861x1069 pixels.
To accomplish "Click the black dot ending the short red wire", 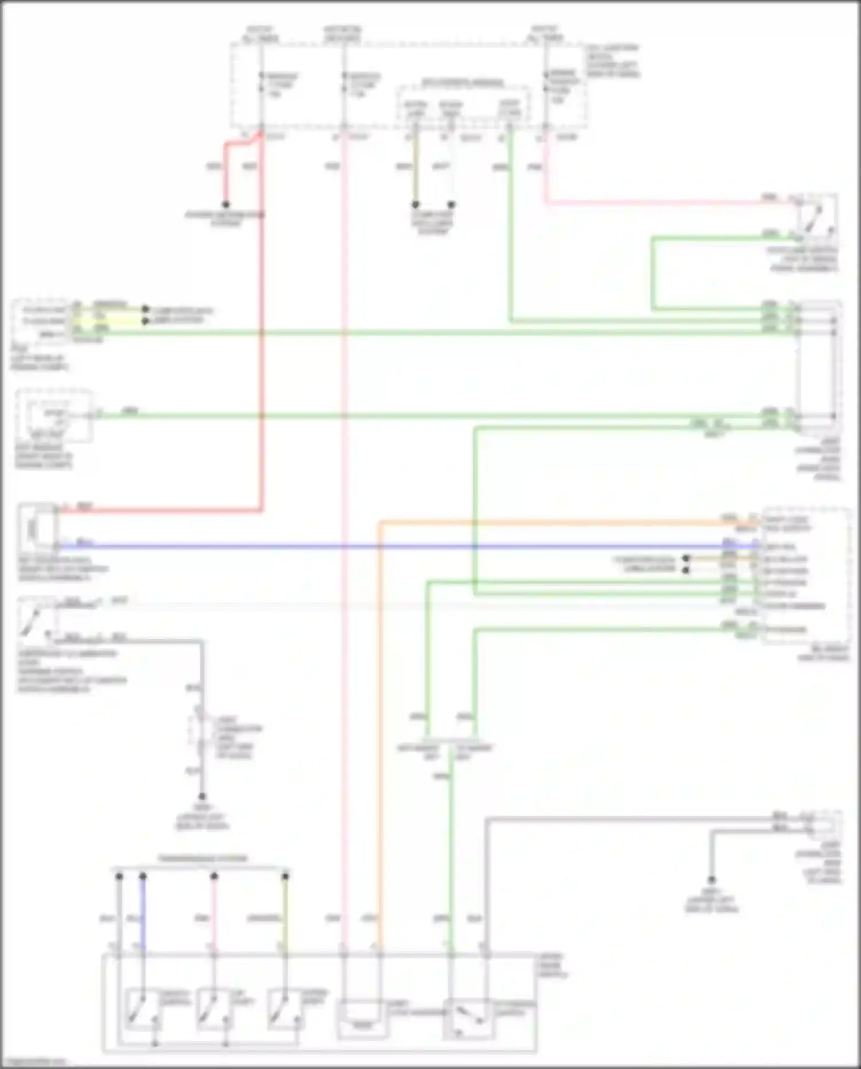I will pos(226,204).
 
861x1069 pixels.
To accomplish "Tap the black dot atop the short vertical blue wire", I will pos(143,877).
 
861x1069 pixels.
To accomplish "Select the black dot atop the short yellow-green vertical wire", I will pos(285,877).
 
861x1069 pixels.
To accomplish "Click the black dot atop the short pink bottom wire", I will pos(214,877).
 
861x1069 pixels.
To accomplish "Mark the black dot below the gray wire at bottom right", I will pos(712,880).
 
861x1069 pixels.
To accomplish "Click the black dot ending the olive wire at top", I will pos(416,204).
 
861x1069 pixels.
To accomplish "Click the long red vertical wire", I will pos(262,345).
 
